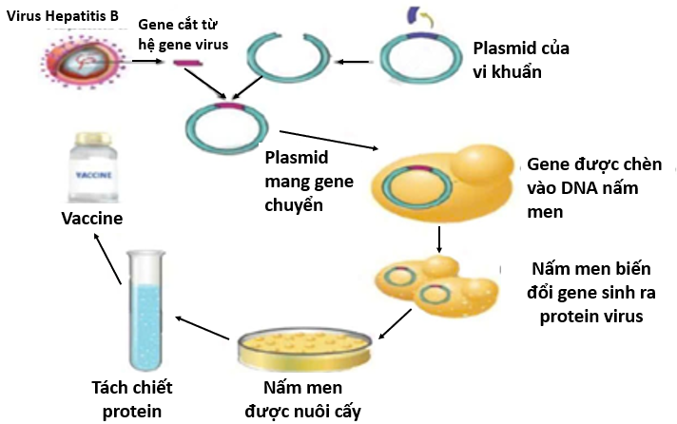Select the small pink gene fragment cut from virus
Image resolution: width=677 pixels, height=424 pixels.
tap(185, 64)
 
